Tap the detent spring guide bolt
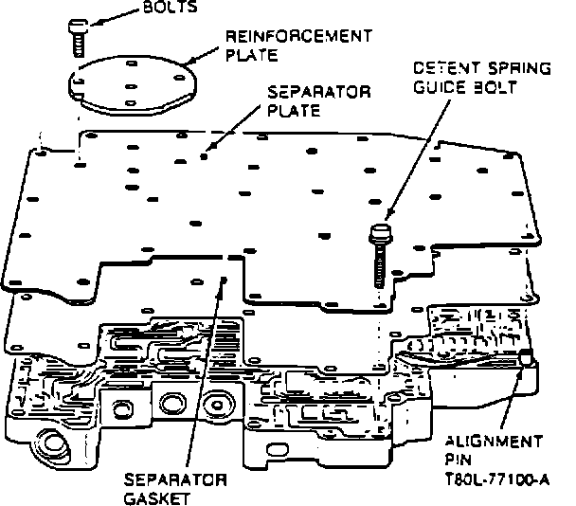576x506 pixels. (379, 253)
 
